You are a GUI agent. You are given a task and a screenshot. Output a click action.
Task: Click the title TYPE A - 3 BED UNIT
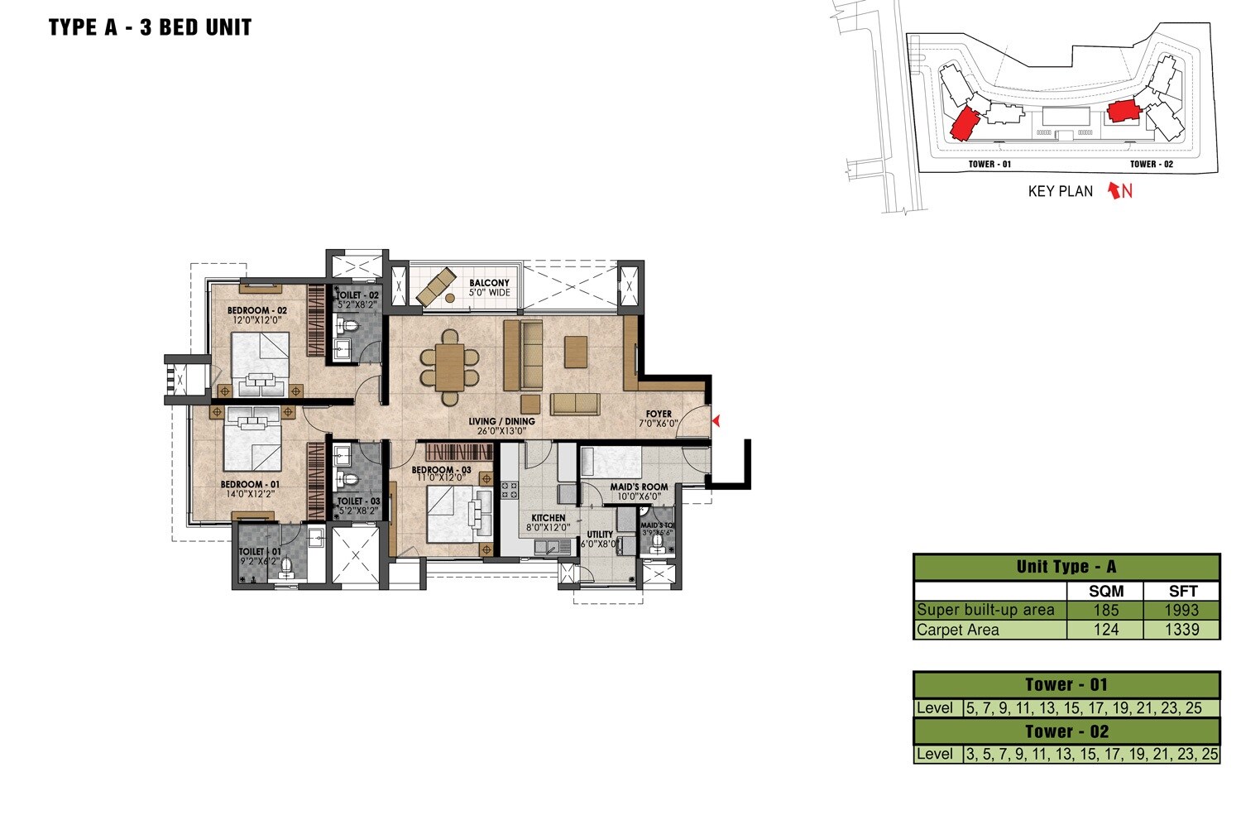point(150,27)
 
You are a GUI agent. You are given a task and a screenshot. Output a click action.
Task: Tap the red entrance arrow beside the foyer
point(716,421)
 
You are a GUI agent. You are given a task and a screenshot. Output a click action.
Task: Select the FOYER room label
point(659,414)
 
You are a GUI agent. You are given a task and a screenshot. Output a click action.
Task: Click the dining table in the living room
point(449,367)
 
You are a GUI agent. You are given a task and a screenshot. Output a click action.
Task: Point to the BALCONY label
point(489,283)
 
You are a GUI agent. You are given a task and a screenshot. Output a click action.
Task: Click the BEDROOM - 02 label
point(256,311)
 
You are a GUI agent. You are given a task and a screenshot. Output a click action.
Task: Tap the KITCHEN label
point(548,518)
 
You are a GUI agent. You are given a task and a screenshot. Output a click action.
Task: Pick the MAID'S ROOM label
point(639,487)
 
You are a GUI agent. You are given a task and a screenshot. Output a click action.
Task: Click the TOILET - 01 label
point(259,551)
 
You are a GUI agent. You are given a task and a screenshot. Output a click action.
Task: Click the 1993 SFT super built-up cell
point(1181,610)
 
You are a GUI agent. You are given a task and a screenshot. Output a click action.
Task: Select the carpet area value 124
point(1105,630)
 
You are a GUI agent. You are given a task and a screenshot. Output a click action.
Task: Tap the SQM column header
point(1105,591)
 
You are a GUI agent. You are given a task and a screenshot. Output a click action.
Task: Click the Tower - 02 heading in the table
point(1066,731)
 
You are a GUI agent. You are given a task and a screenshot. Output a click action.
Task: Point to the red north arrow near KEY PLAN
point(1115,191)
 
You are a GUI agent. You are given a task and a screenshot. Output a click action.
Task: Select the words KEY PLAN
point(1060,191)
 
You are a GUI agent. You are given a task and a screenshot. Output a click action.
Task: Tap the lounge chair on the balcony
point(435,285)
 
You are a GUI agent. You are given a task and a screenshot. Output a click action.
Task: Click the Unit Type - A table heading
point(1066,567)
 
